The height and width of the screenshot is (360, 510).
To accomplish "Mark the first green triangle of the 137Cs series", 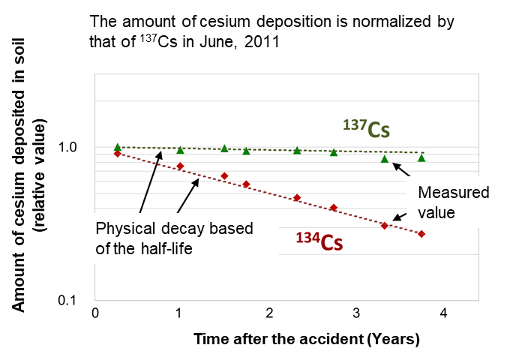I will (x=118, y=148).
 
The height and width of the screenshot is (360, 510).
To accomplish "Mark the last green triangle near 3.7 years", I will (x=421, y=157).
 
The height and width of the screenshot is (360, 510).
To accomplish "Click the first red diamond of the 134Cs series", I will (x=118, y=154).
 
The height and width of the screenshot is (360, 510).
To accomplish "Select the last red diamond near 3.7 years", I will (x=421, y=234).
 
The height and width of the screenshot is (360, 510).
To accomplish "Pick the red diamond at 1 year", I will (x=180, y=166).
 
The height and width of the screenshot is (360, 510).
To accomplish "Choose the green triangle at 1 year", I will (x=180, y=150).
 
